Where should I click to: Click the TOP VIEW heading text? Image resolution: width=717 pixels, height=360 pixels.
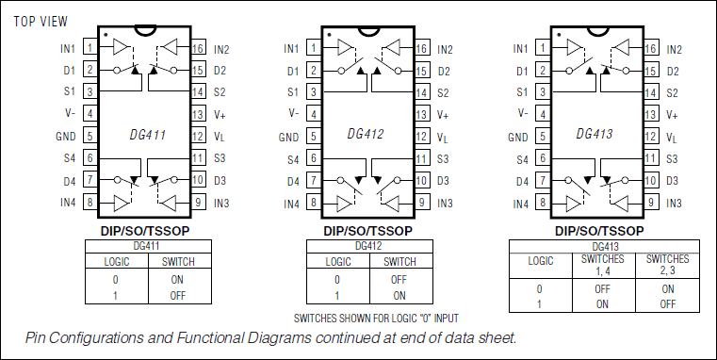pos(41,20)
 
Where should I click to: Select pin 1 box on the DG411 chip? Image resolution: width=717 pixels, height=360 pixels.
pos(90,48)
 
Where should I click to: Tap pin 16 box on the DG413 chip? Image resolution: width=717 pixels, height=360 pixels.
pos(650,48)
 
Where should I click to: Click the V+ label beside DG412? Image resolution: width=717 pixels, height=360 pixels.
pos(444,115)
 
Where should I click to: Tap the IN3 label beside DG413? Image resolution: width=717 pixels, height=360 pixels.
pos(675,204)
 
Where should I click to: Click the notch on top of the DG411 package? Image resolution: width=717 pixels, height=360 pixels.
pos(143,28)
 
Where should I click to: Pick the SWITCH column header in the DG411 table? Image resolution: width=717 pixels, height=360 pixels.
pos(179,261)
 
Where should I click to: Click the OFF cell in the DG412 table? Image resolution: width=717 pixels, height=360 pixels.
pos(399,280)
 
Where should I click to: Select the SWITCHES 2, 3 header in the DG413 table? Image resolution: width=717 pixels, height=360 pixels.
pos(668,265)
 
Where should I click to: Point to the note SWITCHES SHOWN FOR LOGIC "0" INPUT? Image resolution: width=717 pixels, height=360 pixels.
pos(376,319)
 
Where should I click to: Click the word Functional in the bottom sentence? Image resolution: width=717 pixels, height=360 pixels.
pos(220,336)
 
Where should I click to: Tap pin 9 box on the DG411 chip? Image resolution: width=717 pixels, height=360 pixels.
pos(198,203)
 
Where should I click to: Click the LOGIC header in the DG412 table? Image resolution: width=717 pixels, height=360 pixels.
pos(337,261)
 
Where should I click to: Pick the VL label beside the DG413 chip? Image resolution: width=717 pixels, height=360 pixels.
pos(672,138)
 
